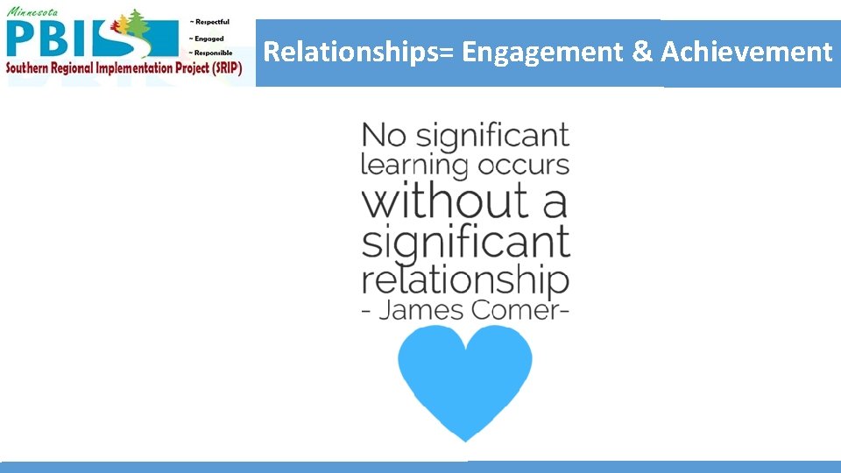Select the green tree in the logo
pos(136,26)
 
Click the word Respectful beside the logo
pos(210,22)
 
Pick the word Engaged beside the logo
pos(208,38)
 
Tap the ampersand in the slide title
pos(642,53)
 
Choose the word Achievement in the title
pos(746,53)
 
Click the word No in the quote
pos(384,136)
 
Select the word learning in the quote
pos(413,166)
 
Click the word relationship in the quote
pos(465,281)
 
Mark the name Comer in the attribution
pos(520,310)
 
